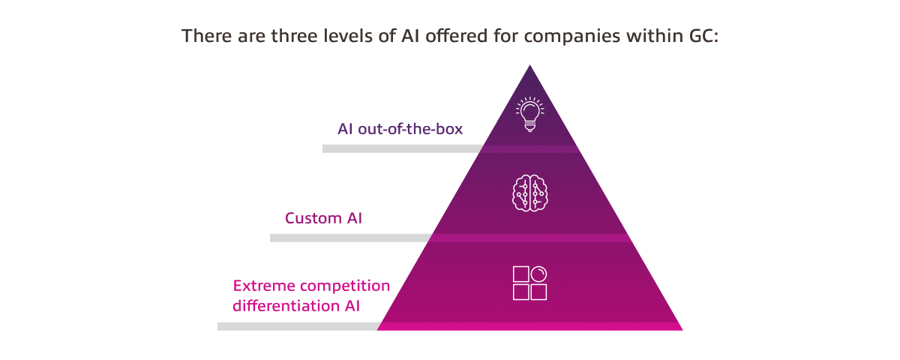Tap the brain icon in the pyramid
(529, 193)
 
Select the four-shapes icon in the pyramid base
(529, 283)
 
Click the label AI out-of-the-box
(400, 129)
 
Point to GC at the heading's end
(703, 36)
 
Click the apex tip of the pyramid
(530, 66)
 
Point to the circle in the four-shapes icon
(538, 273)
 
